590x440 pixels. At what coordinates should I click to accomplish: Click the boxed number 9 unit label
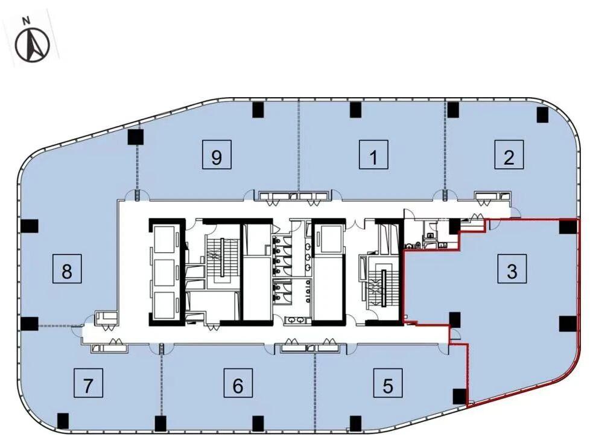(217, 155)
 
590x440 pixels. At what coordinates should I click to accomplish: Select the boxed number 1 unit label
(373, 155)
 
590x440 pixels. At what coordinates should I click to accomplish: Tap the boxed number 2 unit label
(509, 155)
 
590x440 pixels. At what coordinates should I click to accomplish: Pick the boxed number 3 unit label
(512, 269)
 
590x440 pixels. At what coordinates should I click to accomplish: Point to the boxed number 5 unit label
(388, 383)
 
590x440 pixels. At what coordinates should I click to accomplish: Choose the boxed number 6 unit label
(238, 383)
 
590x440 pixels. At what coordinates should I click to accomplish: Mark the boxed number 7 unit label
(89, 383)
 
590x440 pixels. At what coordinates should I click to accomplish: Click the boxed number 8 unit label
(67, 269)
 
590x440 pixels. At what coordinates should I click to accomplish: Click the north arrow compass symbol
(32, 45)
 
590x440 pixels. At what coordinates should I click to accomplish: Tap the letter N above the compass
(27, 21)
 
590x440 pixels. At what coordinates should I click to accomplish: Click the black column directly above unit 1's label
(355, 109)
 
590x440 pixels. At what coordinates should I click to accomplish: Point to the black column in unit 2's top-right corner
(542, 115)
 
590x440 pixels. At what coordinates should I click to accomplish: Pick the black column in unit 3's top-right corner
(568, 226)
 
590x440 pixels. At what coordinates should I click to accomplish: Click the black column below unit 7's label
(63, 421)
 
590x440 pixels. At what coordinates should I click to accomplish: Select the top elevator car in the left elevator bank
(165, 240)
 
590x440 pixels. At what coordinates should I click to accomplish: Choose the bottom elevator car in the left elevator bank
(165, 305)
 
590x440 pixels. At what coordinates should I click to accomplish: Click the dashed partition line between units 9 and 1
(299, 146)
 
